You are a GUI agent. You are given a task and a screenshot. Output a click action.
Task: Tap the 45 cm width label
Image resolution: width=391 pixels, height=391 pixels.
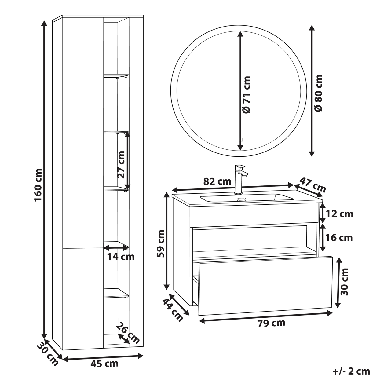click(104, 364)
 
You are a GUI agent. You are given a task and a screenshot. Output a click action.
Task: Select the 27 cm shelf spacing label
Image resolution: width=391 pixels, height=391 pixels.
click(121, 164)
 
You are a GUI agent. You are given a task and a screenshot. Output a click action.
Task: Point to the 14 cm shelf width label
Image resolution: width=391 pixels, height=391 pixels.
click(121, 257)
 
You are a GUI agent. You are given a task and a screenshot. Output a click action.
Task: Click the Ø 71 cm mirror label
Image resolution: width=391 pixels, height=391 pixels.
click(246, 95)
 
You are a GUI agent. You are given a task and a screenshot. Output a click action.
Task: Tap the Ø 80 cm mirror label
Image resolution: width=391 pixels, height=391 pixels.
click(318, 93)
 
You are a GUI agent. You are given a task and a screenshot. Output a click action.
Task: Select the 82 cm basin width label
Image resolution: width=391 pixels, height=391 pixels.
click(217, 181)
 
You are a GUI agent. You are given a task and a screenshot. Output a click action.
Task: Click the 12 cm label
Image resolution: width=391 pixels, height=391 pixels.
click(339, 214)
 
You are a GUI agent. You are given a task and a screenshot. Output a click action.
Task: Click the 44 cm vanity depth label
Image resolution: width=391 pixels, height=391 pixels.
click(173, 310)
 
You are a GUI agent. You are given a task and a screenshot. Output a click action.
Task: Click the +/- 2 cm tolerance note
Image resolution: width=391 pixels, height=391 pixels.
click(351, 371)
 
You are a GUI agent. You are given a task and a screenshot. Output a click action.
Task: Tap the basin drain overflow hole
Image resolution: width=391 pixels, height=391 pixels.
click(241, 199)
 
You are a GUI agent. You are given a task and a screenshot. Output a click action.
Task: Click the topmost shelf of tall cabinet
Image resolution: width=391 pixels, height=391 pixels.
click(116, 75)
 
